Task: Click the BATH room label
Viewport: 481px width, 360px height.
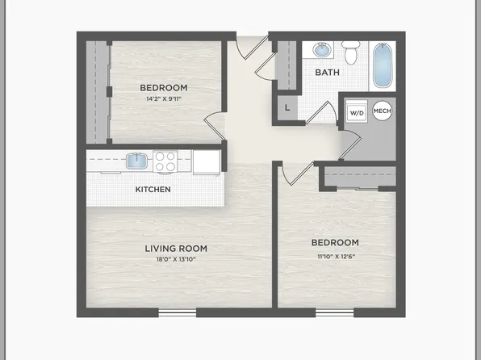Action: tap(328, 72)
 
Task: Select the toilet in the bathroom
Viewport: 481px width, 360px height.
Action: tap(350, 53)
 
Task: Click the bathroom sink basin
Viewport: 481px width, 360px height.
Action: tap(322, 51)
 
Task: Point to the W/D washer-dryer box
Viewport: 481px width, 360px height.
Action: tap(356, 113)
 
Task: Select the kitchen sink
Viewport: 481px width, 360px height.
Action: tap(137, 161)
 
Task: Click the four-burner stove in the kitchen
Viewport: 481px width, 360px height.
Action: tap(165, 161)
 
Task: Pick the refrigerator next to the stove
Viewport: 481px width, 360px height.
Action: tap(207, 161)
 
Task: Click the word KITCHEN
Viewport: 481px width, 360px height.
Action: tap(152, 190)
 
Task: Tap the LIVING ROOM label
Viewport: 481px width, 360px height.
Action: tap(176, 248)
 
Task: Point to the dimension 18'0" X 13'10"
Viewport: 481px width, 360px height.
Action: tap(176, 259)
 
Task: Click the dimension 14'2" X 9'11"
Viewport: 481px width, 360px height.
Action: tap(164, 99)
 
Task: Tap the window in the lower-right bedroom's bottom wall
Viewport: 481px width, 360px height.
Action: tap(334, 312)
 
